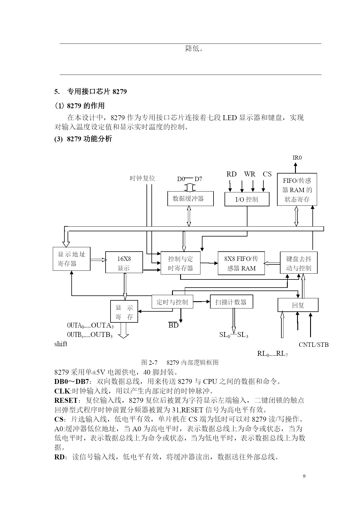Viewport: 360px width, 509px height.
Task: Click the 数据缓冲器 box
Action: (191, 198)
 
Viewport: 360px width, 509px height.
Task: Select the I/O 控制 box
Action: (247, 199)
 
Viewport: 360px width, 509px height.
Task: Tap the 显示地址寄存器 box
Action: (72, 259)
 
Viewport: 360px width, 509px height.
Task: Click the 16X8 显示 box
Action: (124, 262)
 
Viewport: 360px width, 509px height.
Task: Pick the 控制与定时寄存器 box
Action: (180, 263)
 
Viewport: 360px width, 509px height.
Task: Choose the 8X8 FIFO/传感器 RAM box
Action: (241, 263)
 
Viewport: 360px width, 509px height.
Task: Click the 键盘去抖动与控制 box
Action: (299, 263)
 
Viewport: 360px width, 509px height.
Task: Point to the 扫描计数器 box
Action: (231, 302)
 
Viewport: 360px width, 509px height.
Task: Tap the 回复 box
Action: (298, 305)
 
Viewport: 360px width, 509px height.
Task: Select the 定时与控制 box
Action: (172, 302)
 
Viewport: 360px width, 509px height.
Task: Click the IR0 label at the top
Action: (297, 158)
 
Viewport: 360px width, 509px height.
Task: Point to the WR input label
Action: (249, 174)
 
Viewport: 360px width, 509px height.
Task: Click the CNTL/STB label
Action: (314, 345)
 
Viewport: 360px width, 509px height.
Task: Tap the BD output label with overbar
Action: (173, 325)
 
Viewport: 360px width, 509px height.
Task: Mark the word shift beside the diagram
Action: (61, 344)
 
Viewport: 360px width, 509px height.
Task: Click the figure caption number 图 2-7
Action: (149, 362)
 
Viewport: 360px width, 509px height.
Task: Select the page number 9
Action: (304, 476)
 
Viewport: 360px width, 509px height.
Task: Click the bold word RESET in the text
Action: (66, 400)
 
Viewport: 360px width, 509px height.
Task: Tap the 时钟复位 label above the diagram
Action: (142, 178)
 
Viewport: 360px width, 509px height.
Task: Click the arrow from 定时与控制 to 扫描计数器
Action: (202, 302)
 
